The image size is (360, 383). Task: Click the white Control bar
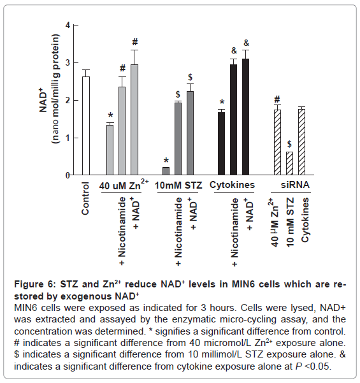coord(86,126)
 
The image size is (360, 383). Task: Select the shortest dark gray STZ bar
coord(166,171)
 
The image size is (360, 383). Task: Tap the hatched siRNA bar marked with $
coord(289,163)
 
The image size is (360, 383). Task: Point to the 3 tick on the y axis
coord(75,63)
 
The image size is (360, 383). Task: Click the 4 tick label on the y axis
coord(68,25)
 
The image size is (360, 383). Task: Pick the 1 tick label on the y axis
coord(68,138)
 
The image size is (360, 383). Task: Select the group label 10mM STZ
coord(178,185)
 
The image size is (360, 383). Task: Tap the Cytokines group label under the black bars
coord(232,185)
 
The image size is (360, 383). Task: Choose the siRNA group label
coord(295,185)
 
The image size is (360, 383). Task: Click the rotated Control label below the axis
coord(85,198)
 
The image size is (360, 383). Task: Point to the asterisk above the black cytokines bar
coord(222,103)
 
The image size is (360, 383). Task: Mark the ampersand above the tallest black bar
coord(246,43)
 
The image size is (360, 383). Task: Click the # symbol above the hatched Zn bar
coord(277,99)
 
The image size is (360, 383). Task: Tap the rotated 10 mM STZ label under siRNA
coord(290,222)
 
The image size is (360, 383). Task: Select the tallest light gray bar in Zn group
coord(134,120)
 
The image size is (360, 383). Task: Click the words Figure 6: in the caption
coord(36,285)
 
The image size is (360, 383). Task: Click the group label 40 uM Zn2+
coord(124,185)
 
